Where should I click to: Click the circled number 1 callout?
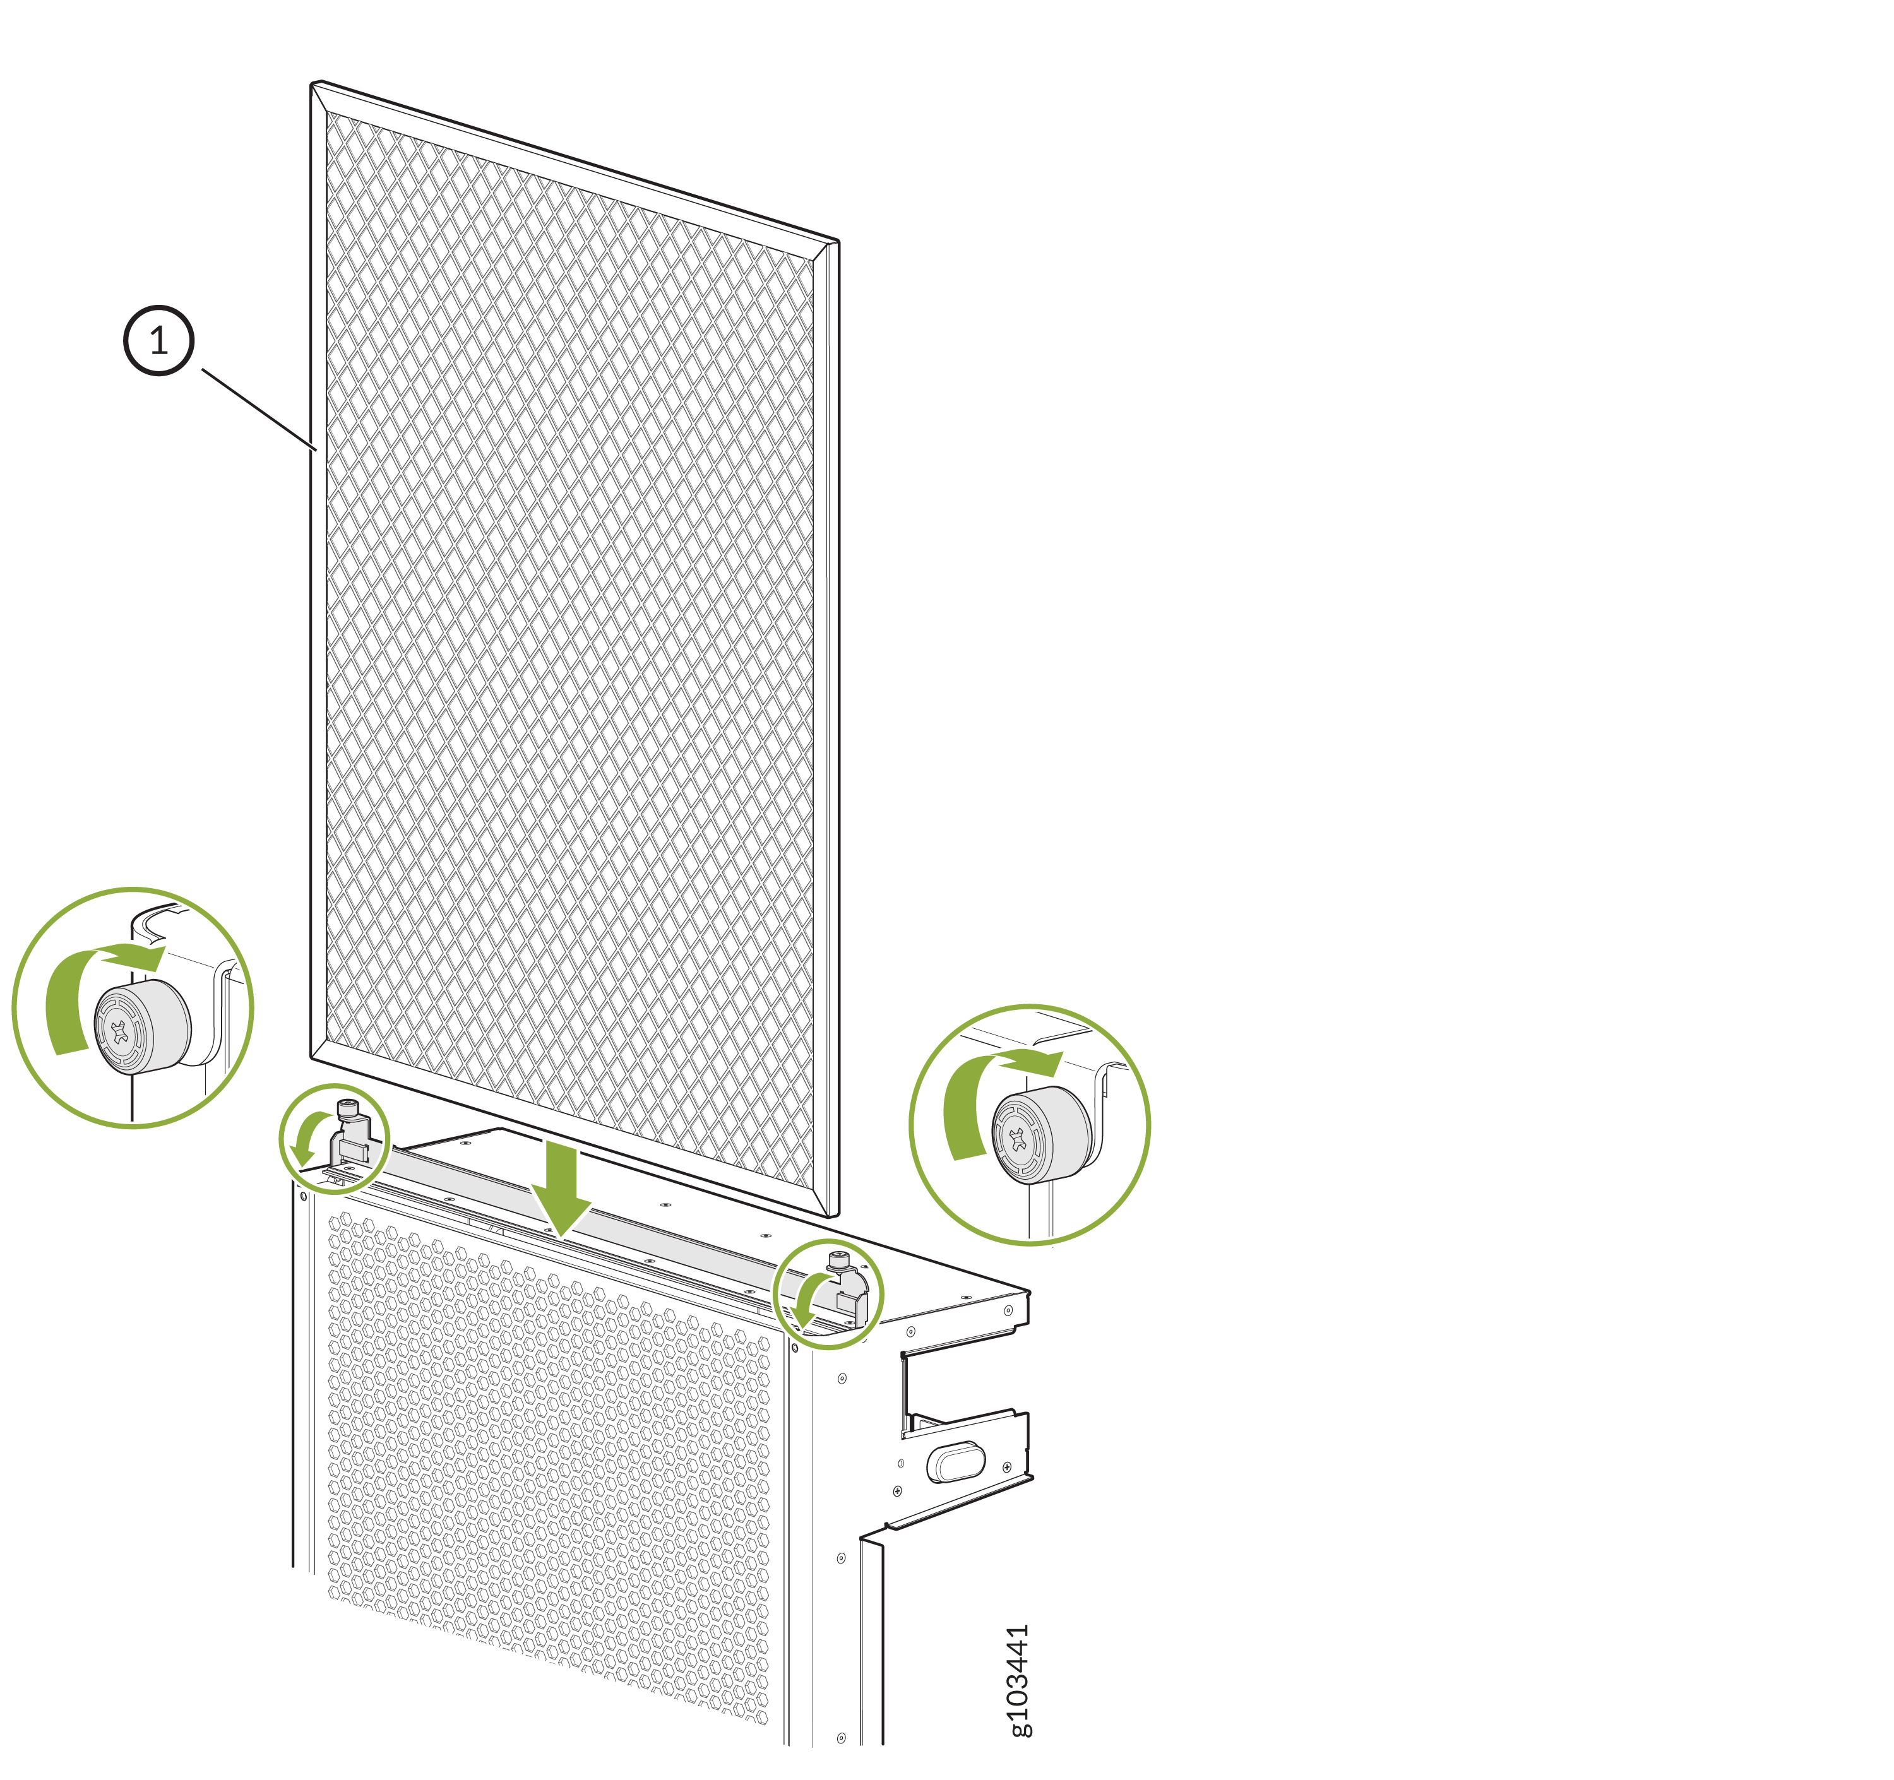click(159, 340)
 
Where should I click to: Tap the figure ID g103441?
click(1018, 1681)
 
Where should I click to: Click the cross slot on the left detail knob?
click(119, 1031)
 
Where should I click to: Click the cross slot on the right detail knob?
click(1018, 1139)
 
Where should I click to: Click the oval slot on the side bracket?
click(955, 1462)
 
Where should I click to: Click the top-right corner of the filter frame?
click(838, 241)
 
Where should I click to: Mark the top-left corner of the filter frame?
click(314, 83)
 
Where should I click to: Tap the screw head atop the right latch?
click(839, 1259)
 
